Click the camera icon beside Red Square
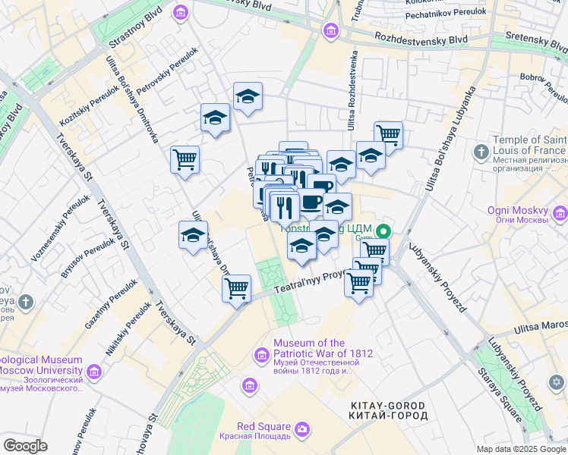pos(302,430)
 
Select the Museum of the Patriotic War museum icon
pos(260,354)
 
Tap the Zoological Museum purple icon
pos(93,372)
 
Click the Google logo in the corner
pos(26,446)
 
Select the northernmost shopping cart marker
pos(388,135)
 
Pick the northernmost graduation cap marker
pos(248,96)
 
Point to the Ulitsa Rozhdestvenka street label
pos(353,89)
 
